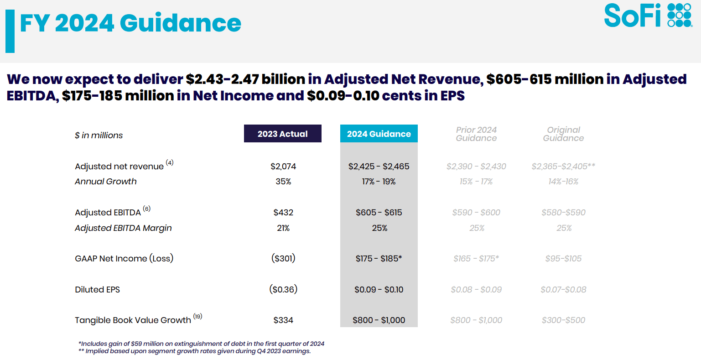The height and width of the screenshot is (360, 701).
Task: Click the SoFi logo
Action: (648, 16)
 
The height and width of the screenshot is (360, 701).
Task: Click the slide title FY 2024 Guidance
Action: (130, 23)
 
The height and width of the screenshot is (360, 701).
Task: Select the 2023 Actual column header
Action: (282, 134)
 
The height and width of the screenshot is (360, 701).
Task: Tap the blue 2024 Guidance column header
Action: (379, 134)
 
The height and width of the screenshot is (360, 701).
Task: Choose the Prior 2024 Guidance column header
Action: (476, 134)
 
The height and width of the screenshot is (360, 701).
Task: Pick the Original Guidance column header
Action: (563, 134)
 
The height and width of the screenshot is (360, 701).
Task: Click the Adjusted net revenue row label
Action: (119, 167)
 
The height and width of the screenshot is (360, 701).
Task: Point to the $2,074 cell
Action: (283, 167)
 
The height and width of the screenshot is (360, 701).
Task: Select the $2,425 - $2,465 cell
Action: (379, 167)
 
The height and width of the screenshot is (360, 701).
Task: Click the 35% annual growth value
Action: (283, 182)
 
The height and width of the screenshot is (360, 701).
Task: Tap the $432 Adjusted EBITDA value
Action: (283, 213)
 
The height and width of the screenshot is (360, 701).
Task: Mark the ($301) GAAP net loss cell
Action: (283, 259)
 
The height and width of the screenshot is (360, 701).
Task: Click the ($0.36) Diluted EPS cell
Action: (283, 290)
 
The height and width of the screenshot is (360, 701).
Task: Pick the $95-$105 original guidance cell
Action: (563, 259)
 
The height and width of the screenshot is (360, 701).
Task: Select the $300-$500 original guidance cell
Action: (563, 320)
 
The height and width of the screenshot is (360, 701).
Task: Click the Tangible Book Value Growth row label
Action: (133, 320)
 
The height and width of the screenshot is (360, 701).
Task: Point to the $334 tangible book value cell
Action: (283, 320)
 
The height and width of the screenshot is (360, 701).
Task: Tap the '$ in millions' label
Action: (99, 136)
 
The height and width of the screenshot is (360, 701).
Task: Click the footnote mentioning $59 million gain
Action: (201, 344)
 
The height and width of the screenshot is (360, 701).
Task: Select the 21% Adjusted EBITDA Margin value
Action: (283, 228)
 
